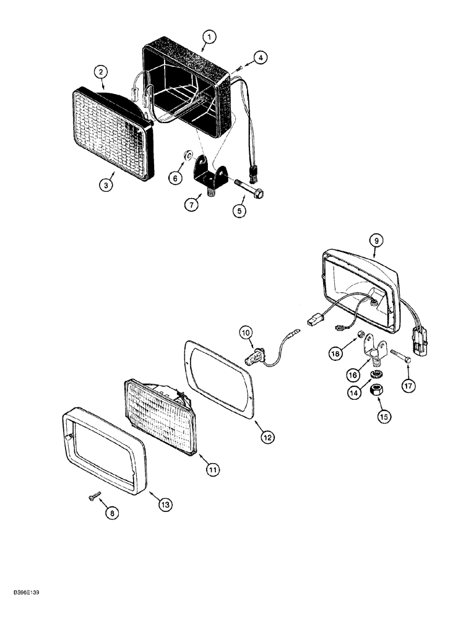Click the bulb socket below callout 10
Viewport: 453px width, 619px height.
tap(254, 358)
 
